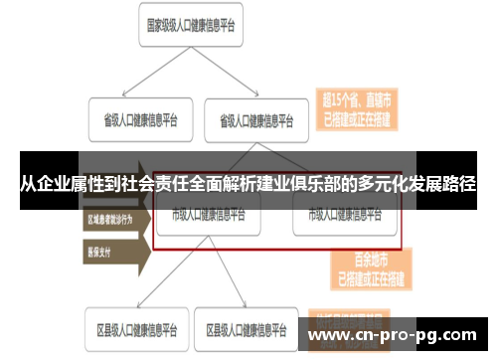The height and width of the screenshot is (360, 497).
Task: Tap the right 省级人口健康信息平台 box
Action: click(x=256, y=120)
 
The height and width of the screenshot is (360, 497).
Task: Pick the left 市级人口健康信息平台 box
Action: click(x=208, y=215)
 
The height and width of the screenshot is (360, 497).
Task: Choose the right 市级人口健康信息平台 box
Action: click(x=345, y=215)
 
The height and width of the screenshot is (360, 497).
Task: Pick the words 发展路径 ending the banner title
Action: click(x=447, y=184)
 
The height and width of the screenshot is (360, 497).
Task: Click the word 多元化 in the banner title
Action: click(x=390, y=184)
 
